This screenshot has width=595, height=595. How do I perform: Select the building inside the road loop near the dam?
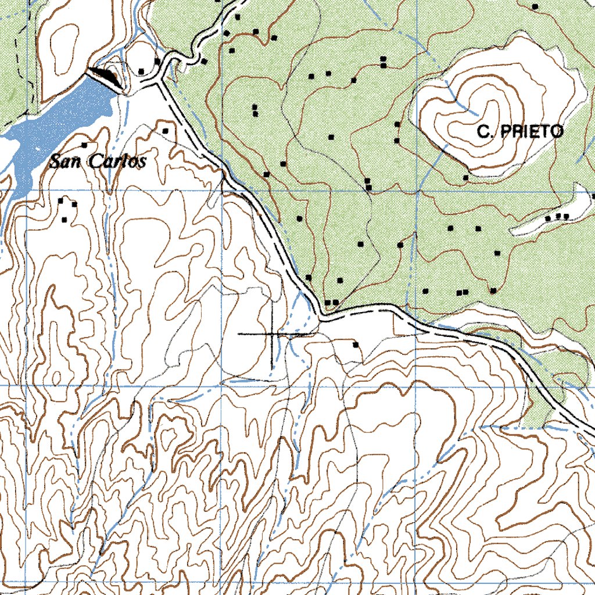point(141,71)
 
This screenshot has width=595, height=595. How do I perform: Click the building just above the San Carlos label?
point(85,145)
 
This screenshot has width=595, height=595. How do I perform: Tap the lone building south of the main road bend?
point(356,345)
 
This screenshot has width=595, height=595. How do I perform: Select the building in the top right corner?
point(535,6)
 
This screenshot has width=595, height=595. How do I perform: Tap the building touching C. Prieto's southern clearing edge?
point(466,177)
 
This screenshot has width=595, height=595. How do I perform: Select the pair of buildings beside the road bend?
point(331,302)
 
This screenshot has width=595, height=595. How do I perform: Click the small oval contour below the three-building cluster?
point(56,378)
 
